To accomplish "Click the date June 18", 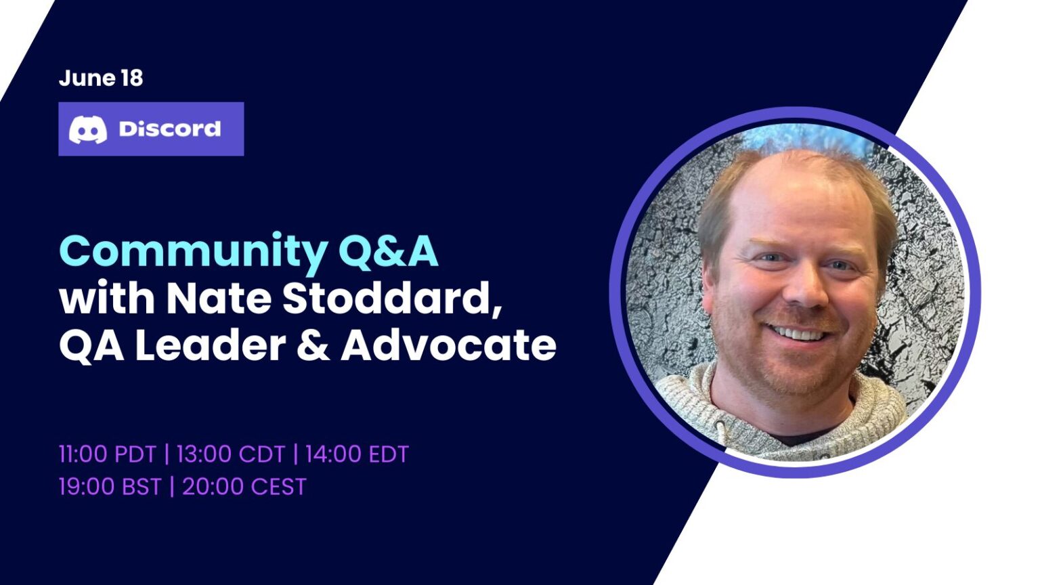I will pos(101,78).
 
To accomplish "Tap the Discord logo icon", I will pos(88,129).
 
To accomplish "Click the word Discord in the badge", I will pos(169,129).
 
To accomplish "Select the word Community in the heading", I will pos(193,252).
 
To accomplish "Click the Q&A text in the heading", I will pos(388,252).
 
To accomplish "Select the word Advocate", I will pos(448,345).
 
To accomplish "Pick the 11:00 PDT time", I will pos(107,454).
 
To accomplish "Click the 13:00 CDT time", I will pos(230,454).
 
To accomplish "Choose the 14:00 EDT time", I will pos(357,454).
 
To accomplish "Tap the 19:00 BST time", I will pos(110,487).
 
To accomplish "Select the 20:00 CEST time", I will pos(244,487).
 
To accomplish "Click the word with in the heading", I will pos(107,298).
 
